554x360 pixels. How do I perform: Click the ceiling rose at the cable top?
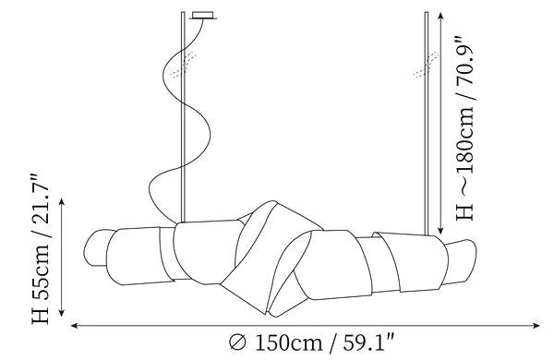203,16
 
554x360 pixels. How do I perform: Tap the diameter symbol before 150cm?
238,342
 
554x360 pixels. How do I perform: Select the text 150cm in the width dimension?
288,342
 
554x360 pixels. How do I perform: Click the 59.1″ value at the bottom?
368,342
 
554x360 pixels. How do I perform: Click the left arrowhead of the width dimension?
74,325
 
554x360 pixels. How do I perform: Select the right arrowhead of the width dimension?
537,325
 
